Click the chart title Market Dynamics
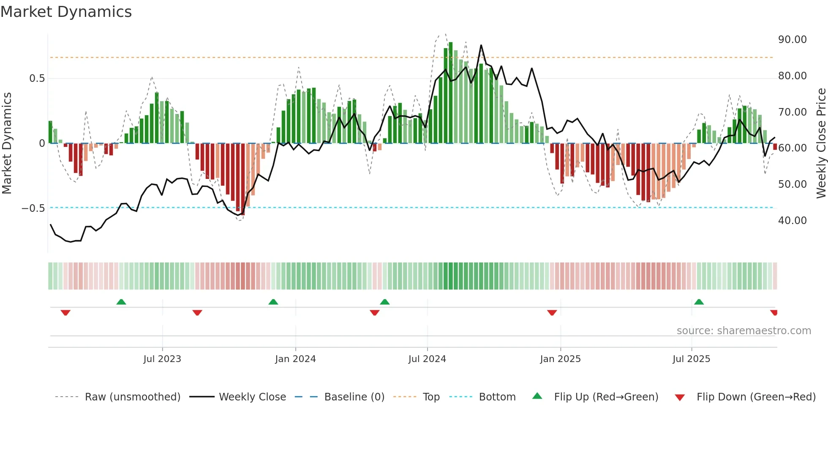tap(66, 12)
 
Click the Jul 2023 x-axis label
tap(162, 359)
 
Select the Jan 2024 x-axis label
tap(295, 359)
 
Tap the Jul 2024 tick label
tap(427, 359)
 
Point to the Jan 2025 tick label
tap(560, 359)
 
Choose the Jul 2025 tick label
tap(691, 359)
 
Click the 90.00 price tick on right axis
tap(792, 40)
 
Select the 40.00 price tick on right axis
tap(792, 221)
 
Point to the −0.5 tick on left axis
tap(33, 208)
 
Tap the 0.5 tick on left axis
tap(37, 78)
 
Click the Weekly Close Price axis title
tap(821, 143)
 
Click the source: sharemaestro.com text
tap(744, 331)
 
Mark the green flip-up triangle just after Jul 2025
tap(699, 302)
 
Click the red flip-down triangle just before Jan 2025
tap(552, 313)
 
